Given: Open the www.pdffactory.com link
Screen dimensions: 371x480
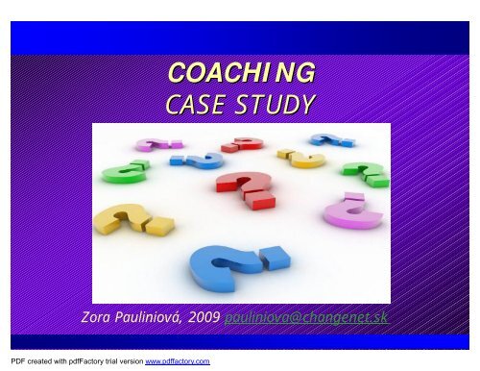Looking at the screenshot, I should pos(178,362).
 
